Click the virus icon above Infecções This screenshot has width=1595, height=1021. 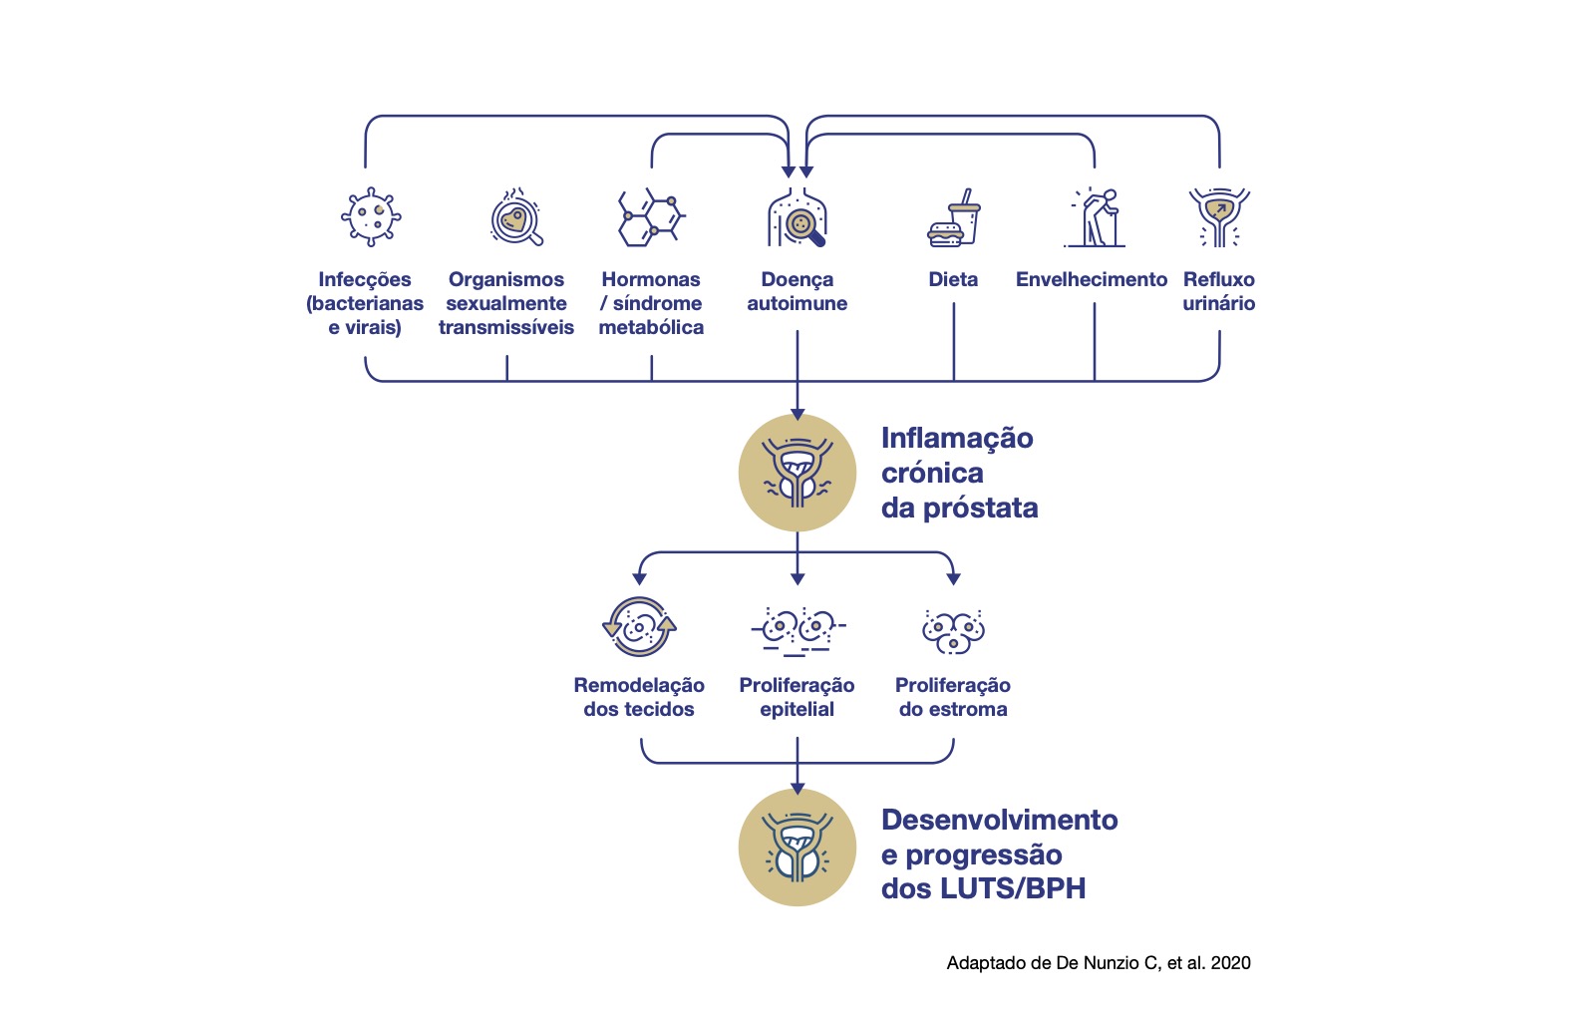(371, 217)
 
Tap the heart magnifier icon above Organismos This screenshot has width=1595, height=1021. (516, 217)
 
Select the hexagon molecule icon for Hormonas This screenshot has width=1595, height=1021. (651, 217)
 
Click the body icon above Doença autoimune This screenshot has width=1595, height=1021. (797, 218)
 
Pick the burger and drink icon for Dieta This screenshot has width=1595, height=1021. (954, 218)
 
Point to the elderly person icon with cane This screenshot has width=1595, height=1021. (1095, 218)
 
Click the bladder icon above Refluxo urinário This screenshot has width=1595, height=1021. (1219, 217)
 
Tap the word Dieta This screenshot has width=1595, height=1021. (953, 279)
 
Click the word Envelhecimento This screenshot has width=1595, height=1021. (1092, 279)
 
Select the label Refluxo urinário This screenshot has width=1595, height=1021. (1219, 291)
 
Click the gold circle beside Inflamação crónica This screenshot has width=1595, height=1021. (797, 473)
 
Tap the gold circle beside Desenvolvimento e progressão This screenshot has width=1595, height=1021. (797, 848)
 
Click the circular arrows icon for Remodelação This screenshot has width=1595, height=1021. (639, 626)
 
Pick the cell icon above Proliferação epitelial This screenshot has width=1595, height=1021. (797, 630)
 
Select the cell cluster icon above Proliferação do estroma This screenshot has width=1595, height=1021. (953, 631)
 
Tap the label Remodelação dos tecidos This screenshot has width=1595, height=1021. (639, 697)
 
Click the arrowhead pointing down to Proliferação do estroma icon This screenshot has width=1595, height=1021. (954, 579)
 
